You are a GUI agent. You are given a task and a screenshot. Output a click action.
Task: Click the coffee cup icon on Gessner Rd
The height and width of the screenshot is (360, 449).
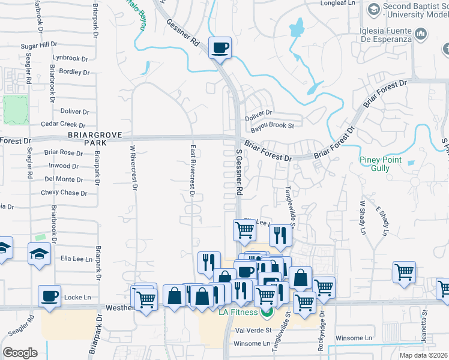click(x=220, y=47)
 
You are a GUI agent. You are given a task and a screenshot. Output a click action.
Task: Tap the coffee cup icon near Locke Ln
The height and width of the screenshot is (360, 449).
click(x=49, y=296)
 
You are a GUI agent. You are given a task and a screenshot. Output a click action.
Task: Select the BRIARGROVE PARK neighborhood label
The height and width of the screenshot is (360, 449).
click(x=87, y=139)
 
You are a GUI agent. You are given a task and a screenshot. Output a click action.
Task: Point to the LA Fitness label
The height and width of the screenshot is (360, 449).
click(x=238, y=312)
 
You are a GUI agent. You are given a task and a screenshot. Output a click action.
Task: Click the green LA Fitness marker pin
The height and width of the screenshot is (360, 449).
click(x=267, y=312)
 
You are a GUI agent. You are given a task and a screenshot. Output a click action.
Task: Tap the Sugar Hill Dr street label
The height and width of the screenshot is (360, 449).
click(x=38, y=45)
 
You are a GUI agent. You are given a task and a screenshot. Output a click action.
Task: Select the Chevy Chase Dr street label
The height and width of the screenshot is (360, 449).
click(x=64, y=193)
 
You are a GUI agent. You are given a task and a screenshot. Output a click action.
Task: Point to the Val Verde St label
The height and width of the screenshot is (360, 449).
click(x=254, y=330)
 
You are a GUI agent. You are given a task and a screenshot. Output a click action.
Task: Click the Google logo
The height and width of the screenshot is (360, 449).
click(x=20, y=353)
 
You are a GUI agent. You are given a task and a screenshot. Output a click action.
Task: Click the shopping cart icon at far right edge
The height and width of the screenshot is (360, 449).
click(x=444, y=289)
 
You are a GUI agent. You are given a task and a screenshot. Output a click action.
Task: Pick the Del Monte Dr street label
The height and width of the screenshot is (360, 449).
click(x=64, y=179)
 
